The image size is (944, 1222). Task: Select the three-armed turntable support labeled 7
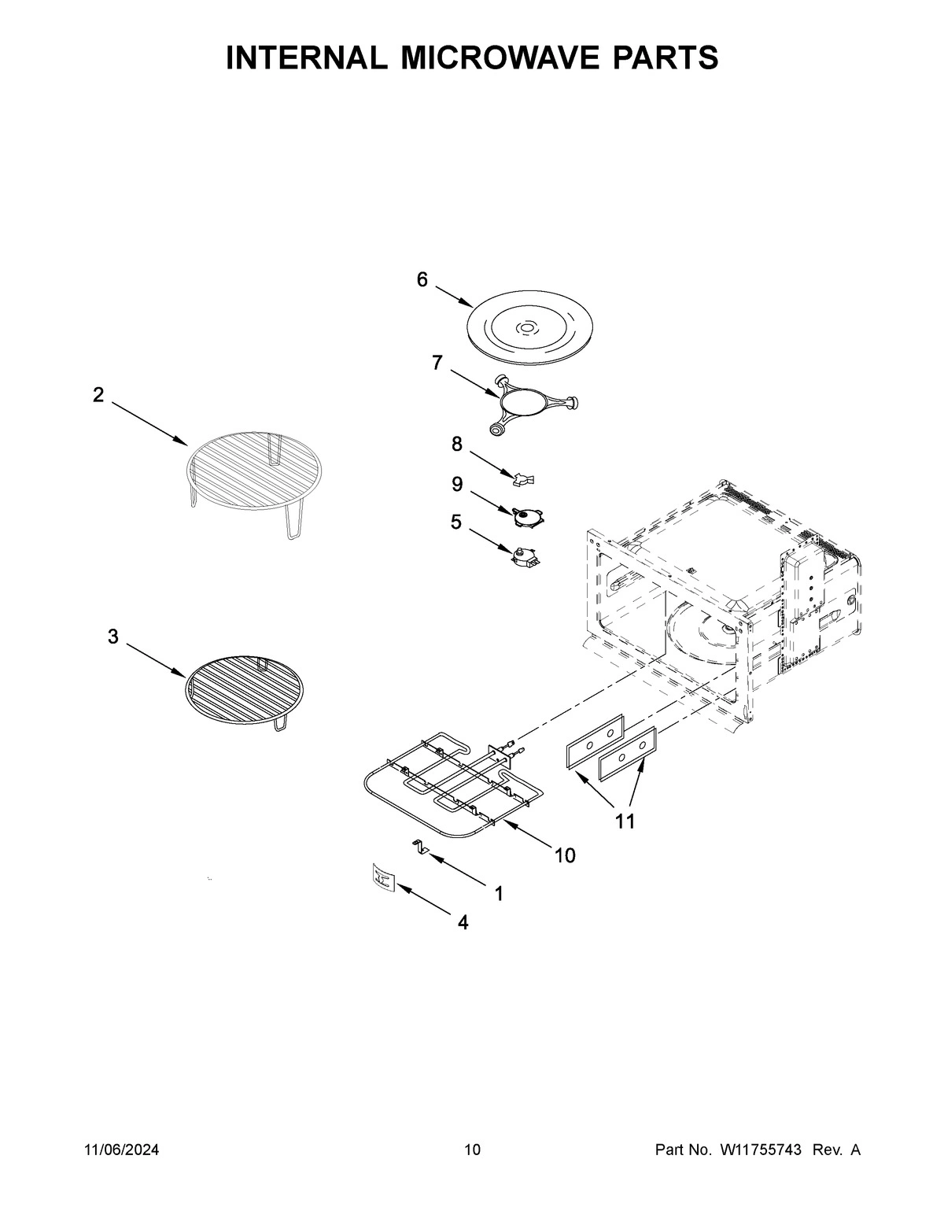pos(526,404)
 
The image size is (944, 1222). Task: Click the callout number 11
pos(625,822)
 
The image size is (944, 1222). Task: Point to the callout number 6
pos(422,279)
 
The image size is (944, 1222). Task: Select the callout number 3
pos(113,637)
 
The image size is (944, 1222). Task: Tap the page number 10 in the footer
pos(472,1150)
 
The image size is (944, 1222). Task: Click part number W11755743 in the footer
pos(760,1150)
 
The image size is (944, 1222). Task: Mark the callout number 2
pos(98,395)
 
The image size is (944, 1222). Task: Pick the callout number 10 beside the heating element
pos(565,855)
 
